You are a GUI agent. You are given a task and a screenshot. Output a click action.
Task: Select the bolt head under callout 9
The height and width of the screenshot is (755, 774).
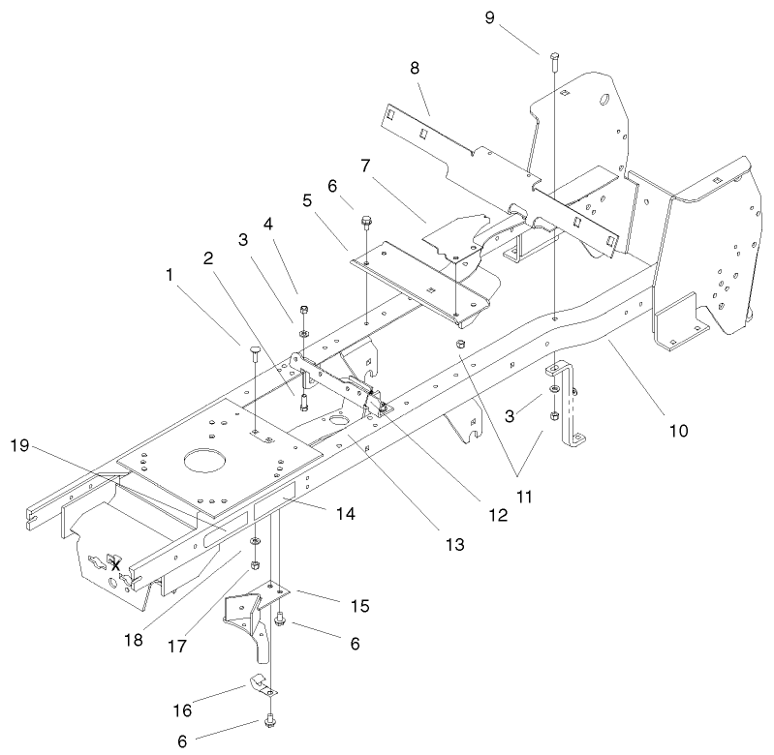click(x=555, y=56)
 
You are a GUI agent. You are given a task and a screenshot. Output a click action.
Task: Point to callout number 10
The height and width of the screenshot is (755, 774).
click(x=678, y=430)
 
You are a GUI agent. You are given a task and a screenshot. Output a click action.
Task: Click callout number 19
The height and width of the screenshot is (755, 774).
click(x=19, y=446)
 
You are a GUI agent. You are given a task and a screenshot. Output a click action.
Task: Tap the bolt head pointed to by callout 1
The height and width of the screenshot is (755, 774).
click(x=256, y=349)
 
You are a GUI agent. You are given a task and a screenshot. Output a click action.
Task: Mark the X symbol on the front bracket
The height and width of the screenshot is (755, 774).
click(x=116, y=563)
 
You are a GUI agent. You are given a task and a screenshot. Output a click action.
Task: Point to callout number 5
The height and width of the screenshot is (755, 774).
click(x=306, y=203)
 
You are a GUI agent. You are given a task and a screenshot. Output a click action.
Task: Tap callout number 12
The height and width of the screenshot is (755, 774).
click(x=498, y=516)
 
